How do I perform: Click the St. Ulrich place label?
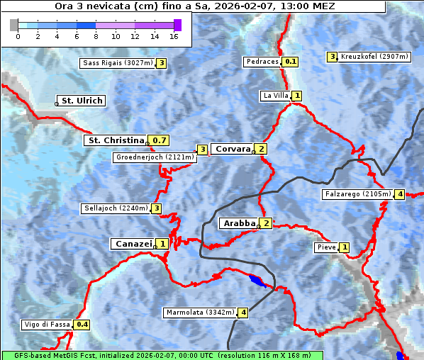(82, 101)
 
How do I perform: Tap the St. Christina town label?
(115, 140)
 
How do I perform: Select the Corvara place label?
(233, 149)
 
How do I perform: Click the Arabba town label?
(239, 223)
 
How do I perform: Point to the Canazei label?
(133, 244)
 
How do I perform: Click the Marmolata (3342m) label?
(200, 312)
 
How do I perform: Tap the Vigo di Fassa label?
(48, 325)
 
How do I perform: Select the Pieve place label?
(326, 247)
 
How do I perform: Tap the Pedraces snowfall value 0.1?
(291, 62)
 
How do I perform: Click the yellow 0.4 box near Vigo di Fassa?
(82, 325)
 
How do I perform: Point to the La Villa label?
(275, 96)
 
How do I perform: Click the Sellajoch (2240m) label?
(116, 208)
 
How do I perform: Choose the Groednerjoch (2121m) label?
(155, 157)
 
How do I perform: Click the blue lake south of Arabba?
(259, 282)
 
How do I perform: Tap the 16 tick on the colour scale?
(174, 35)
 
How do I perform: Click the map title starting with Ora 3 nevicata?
(195, 6)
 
